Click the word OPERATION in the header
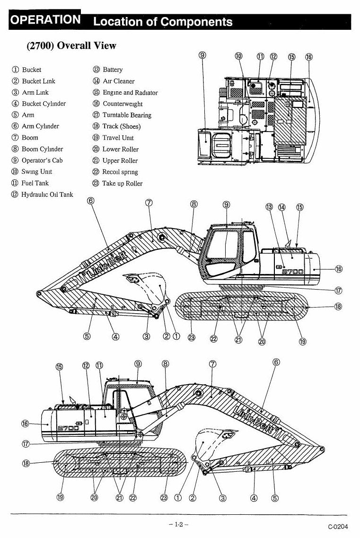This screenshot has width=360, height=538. pos(45,19)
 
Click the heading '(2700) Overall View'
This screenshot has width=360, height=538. pos(71,45)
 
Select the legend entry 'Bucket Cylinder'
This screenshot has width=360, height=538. pos(39,104)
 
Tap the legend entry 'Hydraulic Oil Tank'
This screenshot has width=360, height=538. pos(42,194)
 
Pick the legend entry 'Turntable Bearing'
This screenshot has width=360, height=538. pos(122,115)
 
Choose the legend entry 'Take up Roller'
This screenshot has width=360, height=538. pos(117,184)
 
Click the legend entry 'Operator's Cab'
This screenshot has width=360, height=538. pos(37,160)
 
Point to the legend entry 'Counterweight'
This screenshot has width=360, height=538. pos(117,104)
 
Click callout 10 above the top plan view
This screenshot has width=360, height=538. pos(239,56)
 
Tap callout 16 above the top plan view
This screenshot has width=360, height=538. pos(309,57)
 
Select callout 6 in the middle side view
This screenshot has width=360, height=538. pos(91,200)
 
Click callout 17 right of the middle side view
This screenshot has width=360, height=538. pos(338,291)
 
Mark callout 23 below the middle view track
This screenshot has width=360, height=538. pos(192,338)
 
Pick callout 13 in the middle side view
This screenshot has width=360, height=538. pos(269,207)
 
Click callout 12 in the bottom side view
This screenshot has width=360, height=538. pos(86,365)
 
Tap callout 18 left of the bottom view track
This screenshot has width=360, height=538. pos(26,464)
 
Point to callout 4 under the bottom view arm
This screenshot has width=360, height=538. pos(254,498)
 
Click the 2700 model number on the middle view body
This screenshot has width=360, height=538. pos(293,272)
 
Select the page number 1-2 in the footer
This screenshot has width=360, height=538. pos(179,524)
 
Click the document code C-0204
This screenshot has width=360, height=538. pos(338,527)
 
